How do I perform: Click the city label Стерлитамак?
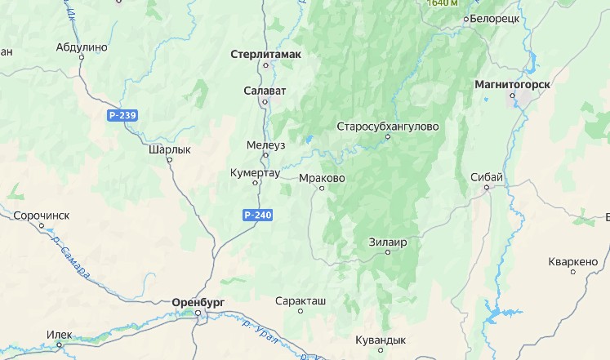tap(266, 54)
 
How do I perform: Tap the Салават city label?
tap(264, 90)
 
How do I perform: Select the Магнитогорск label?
tap(512, 84)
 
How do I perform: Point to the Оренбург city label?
tap(198, 302)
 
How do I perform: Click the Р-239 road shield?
tap(122, 115)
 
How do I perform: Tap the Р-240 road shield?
tap(257, 215)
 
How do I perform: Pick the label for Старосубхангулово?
tap(388, 127)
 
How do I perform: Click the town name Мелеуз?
tap(266, 145)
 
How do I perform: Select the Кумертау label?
tap(256, 173)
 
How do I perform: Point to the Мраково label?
tap(323, 177)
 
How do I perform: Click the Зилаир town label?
tap(388, 242)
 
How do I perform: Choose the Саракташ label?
tap(301, 300)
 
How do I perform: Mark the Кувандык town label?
tap(381, 340)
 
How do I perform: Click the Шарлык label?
tap(170, 150)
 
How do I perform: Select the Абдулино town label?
tap(82, 47)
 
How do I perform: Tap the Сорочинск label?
tap(42, 216)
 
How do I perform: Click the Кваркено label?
tap(573, 262)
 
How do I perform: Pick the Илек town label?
tap(60, 334)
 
